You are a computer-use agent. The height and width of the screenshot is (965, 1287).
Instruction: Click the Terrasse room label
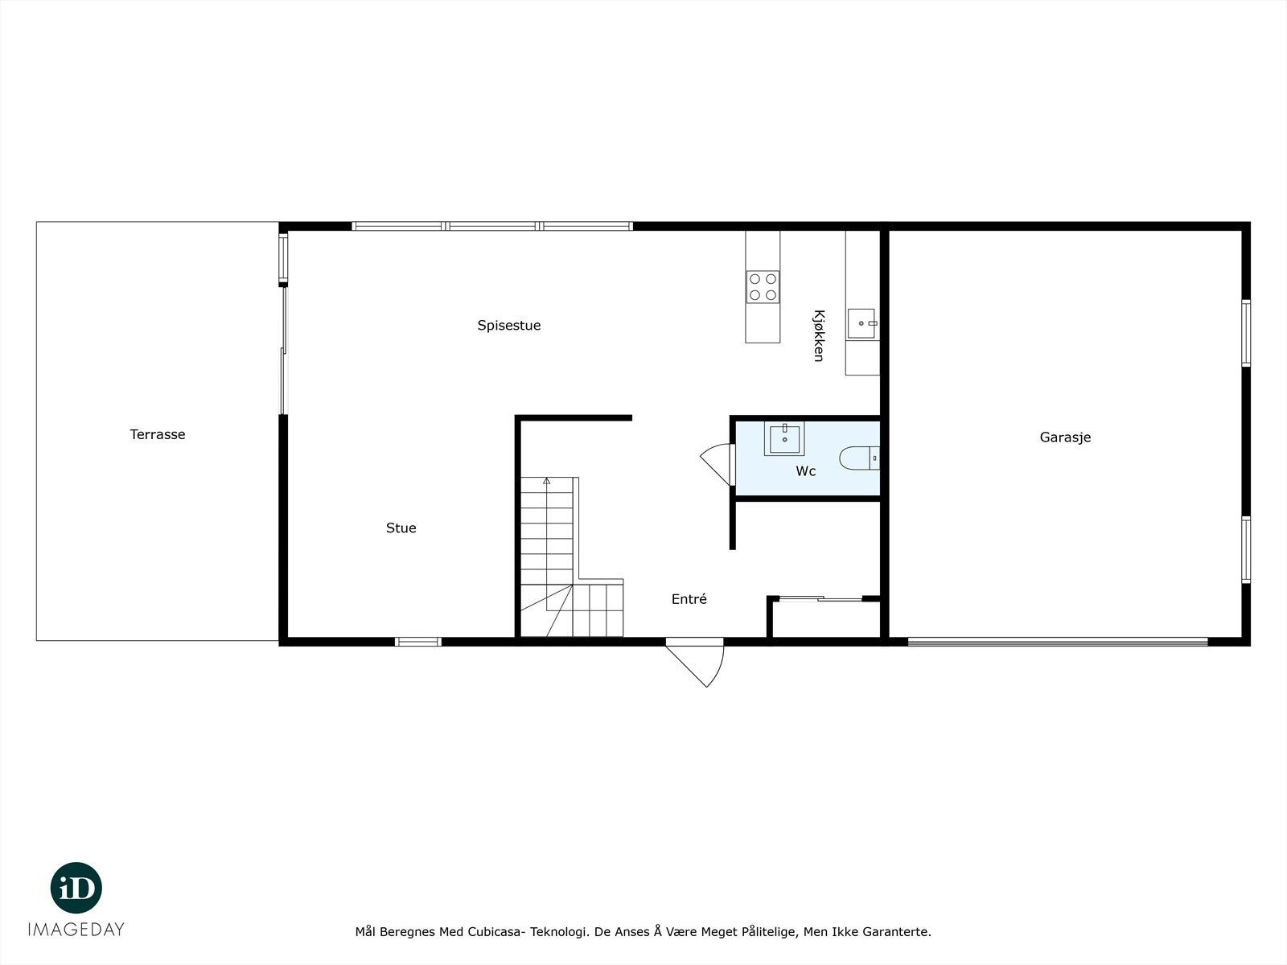[x=158, y=434]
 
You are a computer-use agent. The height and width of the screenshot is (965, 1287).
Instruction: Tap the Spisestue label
[x=509, y=326]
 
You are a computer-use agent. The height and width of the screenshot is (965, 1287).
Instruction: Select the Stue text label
[x=401, y=528]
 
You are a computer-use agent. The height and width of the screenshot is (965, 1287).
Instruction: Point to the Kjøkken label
[x=819, y=336]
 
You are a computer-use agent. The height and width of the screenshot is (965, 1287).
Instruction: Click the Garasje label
[x=1065, y=437]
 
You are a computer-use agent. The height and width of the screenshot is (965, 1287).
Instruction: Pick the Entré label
[x=689, y=599]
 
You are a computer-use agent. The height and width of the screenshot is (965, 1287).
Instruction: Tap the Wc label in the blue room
[x=806, y=471]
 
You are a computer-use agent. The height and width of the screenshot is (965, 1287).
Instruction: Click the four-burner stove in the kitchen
[x=763, y=287]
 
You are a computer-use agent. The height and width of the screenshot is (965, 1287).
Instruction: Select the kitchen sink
[x=862, y=323]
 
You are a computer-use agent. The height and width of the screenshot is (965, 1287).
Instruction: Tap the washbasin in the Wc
[x=784, y=439]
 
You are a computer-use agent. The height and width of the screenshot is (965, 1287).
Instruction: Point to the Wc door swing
[x=715, y=463]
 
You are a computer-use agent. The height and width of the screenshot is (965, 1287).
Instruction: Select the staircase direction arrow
[x=547, y=481]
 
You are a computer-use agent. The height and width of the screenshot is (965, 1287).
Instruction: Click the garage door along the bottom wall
[x=1058, y=642]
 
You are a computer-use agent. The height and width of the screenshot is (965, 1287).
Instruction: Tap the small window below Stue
[x=418, y=642]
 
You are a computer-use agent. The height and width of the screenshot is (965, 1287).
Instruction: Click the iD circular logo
[x=76, y=888]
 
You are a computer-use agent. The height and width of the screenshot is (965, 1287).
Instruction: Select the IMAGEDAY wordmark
[x=76, y=930]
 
